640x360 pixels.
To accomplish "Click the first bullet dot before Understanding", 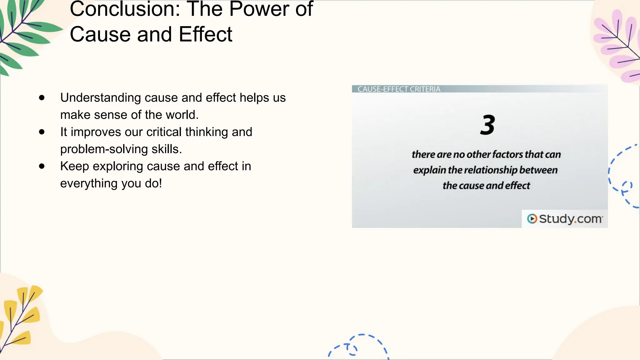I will click(x=42, y=98).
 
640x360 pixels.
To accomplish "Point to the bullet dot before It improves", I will click(x=42, y=132).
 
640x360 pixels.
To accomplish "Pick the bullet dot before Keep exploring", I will click(x=42, y=166).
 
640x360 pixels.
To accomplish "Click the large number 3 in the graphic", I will click(x=487, y=125).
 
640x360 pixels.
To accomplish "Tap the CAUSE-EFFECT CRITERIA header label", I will click(x=399, y=89).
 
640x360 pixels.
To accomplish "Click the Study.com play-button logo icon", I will click(x=532, y=219).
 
